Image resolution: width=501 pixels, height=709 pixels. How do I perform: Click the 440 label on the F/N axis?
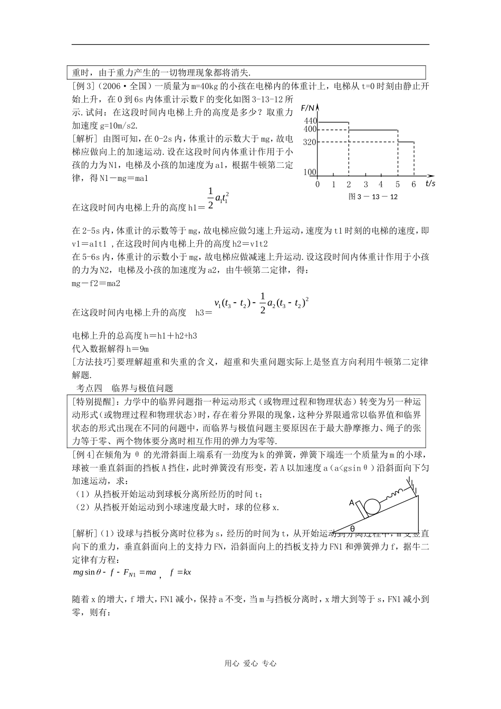click(x=310, y=121)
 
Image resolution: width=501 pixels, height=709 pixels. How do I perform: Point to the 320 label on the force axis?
click(x=310, y=142)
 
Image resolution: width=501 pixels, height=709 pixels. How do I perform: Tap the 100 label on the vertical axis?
click(x=310, y=172)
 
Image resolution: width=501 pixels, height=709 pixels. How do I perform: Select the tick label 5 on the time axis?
click(x=398, y=185)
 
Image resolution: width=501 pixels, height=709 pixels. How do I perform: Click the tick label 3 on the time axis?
click(x=365, y=185)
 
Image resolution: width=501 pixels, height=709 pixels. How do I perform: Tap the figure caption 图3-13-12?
click(x=373, y=197)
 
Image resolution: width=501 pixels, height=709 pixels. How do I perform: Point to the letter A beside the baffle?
click(x=351, y=503)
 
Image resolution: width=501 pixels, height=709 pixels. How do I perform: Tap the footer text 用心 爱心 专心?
click(x=250, y=664)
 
